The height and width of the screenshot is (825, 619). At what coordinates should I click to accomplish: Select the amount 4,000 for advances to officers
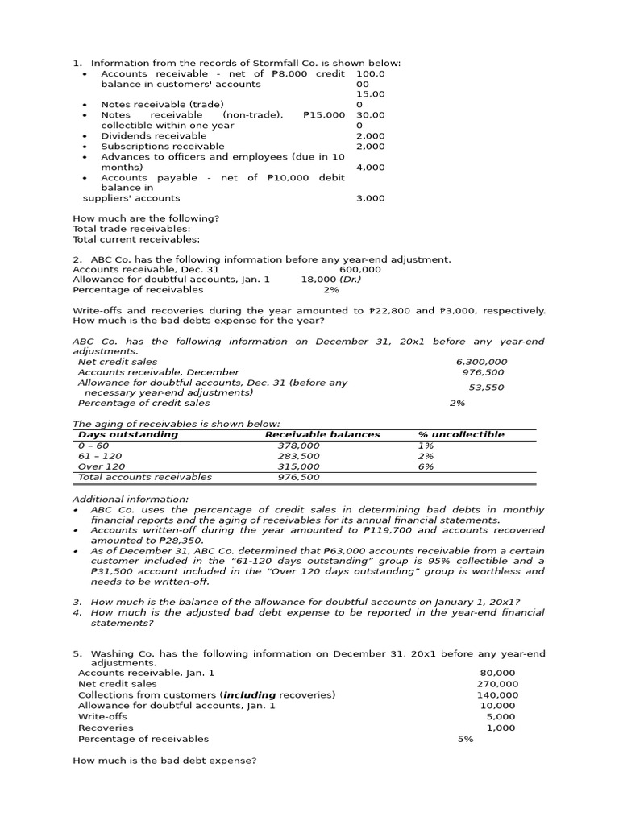coord(370,168)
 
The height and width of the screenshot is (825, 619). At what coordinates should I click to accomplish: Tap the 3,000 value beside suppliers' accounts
coord(370,198)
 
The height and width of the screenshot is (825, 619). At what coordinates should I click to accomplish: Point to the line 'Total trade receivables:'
coord(131,229)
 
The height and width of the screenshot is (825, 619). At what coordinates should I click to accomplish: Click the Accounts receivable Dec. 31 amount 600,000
coord(360,269)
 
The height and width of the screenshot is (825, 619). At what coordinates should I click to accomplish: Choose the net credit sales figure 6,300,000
coord(481,363)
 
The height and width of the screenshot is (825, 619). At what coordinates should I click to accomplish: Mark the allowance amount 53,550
coord(486,388)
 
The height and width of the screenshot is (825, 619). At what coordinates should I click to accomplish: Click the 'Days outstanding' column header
coord(127,434)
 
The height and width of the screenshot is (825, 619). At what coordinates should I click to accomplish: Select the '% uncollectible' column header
coord(461,434)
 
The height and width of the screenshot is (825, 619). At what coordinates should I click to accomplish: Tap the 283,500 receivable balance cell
coord(298,456)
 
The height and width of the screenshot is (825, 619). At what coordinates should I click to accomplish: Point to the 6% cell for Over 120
coord(426,466)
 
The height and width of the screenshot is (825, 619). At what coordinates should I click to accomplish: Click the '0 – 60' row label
coord(93,446)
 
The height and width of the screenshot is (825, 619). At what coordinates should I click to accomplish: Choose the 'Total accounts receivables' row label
coord(145,477)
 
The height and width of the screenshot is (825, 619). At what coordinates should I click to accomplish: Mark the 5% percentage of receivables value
coord(465,739)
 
